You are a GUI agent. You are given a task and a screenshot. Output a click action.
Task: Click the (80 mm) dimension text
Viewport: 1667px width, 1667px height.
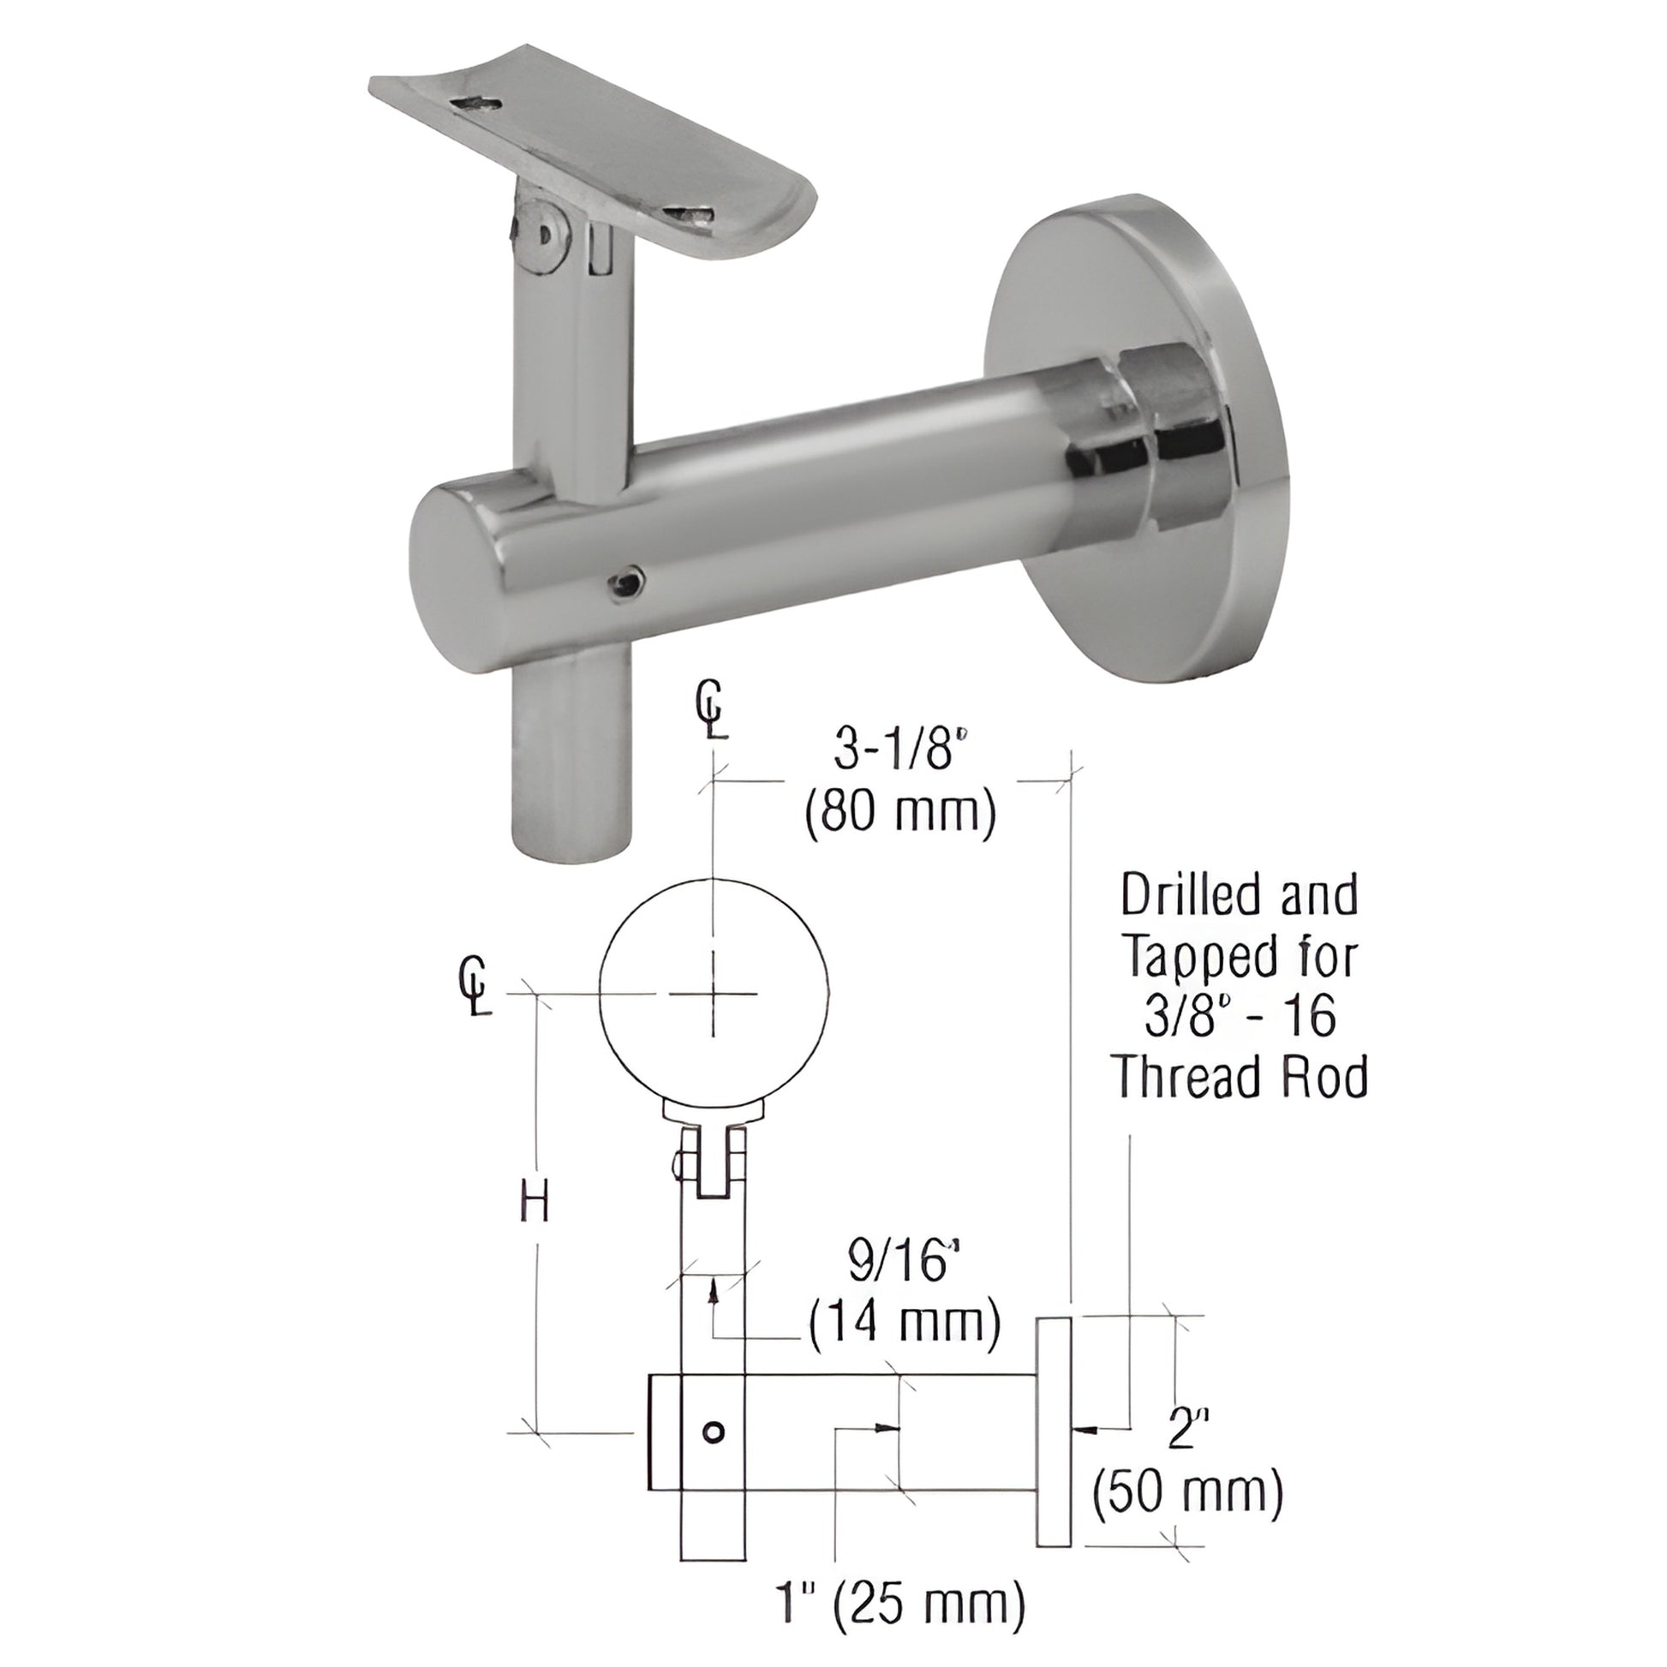pos(900,814)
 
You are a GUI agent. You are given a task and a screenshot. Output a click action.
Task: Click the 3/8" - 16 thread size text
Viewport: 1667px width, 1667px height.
pos(1240,1016)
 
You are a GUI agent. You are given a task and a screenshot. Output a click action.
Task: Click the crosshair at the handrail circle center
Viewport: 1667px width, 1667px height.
pos(714,993)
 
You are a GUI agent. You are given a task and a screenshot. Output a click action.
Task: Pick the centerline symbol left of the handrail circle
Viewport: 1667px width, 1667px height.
pos(475,986)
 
